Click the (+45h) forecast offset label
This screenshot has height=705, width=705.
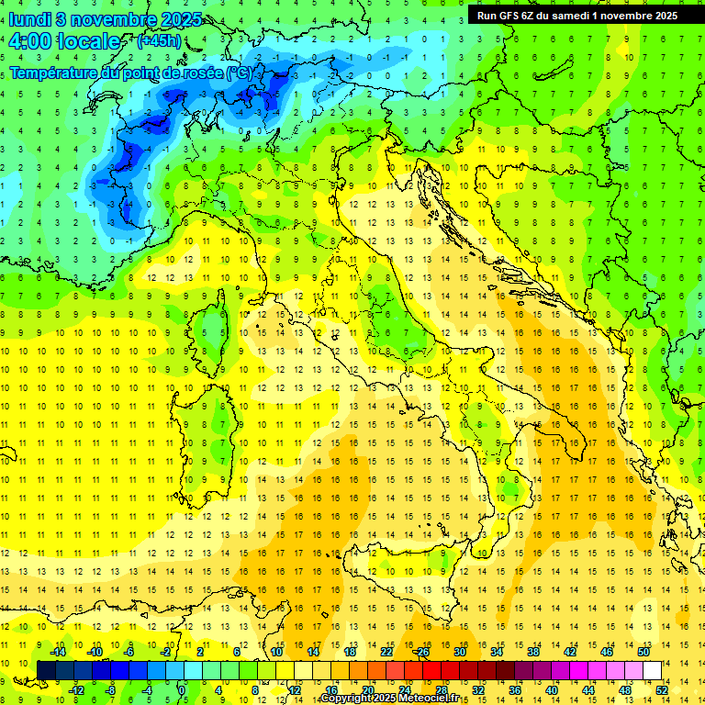tap(158, 41)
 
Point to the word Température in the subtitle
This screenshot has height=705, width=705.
tap(53, 73)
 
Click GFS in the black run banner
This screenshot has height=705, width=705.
tap(508, 16)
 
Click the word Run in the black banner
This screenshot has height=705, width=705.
tap(487, 16)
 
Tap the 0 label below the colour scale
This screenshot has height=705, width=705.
tap(183, 690)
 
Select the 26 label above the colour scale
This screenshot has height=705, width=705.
tap(422, 652)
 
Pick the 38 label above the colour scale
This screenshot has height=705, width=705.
tap(532, 652)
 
